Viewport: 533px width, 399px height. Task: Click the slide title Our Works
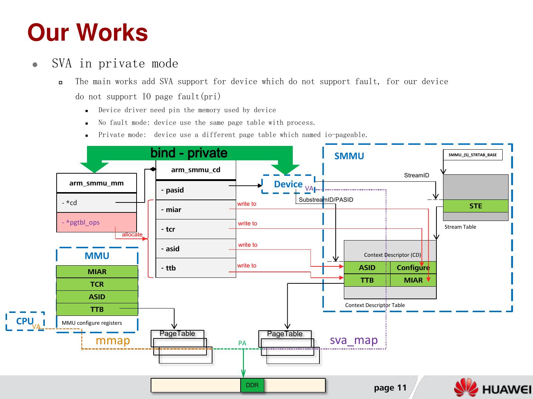[x=88, y=33]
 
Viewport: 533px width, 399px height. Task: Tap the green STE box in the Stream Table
[x=476, y=206]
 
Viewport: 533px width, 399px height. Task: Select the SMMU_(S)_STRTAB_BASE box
[x=473, y=155]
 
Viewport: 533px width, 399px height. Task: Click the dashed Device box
[x=288, y=184]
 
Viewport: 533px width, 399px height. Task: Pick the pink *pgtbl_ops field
[x=96, y=222]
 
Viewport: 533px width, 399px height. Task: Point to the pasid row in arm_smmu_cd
[x=195, y=190]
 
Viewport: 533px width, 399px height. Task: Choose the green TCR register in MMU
[x=97, y=284]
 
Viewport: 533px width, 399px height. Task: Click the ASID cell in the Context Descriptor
[x=367, y=267]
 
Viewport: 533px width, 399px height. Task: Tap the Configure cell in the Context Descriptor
[x=413, y=267]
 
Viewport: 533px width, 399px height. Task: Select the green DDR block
[x=252, y=385]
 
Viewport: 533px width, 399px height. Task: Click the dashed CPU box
[x=25, y=321]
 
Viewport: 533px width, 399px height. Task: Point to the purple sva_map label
[x=353, y=340]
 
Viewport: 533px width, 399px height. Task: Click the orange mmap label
[x=113, y=340]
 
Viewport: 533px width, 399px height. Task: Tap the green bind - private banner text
[x=189, y=153]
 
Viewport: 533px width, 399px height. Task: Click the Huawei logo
[x=492, y=388]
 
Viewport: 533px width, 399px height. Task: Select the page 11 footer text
[x=390, y=388]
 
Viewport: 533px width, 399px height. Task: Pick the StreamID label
[x=416, y=175]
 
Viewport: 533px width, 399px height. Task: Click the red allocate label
[x=132, y=235]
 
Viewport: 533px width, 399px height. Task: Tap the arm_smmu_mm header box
[x=97, y=183]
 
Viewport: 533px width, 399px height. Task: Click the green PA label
[x=242, y=343]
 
